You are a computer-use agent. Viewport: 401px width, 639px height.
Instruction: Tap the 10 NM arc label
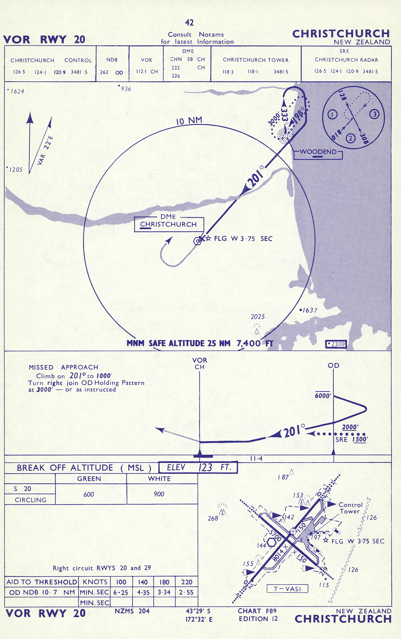coord(189,121)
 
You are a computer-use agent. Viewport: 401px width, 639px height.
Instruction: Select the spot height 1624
coord(17,92)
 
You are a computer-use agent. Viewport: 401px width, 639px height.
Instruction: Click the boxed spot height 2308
coord(336,344)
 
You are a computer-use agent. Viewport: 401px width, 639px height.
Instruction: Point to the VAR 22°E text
coord(45,150)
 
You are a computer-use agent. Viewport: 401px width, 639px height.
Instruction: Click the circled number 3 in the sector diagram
coord(374,114)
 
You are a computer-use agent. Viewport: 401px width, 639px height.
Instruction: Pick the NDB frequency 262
coord(104,72)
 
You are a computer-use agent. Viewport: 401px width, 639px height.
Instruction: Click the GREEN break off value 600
coord(89,494)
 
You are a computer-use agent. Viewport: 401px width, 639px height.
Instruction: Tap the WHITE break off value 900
coord(159,494)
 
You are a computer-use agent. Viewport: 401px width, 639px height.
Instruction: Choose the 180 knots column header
coord(164,582)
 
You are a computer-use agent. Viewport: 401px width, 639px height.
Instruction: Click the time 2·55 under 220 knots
coord(186,592)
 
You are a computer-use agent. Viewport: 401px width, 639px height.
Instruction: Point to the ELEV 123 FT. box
coord(198,467)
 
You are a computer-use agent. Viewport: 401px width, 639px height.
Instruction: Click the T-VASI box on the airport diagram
coord(287,589)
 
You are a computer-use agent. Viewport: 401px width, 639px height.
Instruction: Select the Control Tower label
coord(350,508)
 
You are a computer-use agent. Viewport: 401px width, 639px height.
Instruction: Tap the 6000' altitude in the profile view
coord(323,396)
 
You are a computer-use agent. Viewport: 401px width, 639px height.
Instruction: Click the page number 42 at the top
coord(189,23)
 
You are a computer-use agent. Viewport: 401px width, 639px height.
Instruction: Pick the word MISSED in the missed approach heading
coord(41,367)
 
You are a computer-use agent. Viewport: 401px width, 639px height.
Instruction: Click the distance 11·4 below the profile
coord(256,459)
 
